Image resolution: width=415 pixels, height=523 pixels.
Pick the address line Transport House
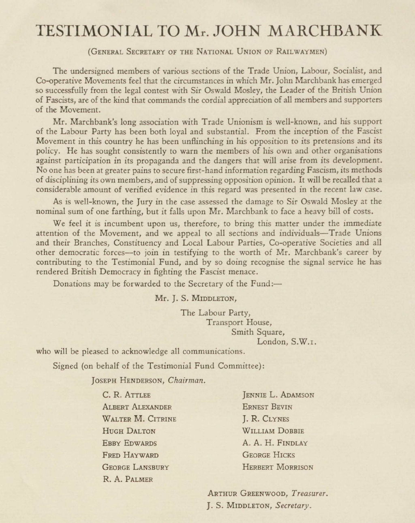point(239,323)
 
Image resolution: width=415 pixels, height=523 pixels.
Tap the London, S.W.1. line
point(287,342)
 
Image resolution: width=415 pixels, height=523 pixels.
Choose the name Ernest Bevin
point(267,407)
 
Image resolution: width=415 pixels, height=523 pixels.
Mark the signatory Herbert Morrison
point(278,467)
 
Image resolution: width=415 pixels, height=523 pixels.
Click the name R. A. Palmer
point(128,479)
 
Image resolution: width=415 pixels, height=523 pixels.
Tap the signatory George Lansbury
point(135,467)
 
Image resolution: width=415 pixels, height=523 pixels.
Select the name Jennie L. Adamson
point(278,395)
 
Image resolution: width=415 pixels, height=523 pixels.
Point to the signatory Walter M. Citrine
point(139,419)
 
